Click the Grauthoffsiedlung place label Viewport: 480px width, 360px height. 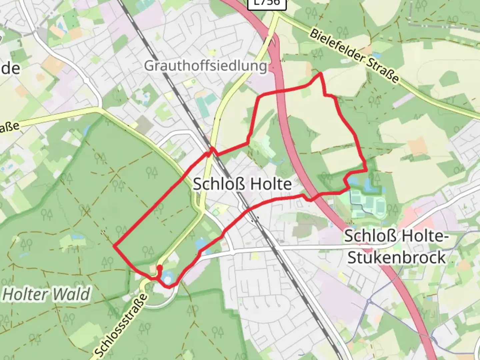(x=205, y=66)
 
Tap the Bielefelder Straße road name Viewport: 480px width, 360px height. (x=354, y=56)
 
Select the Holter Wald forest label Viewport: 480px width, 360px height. (x=46, y=294)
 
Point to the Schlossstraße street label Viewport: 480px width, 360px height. (x=121, y=325)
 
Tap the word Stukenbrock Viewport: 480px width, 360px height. (x=396, y=258)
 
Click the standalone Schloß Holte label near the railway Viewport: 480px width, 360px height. (x=242, y=184)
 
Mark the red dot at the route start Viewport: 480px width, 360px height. (x=159, y=267)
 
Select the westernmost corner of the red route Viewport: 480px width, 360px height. (x=114, y=246)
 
